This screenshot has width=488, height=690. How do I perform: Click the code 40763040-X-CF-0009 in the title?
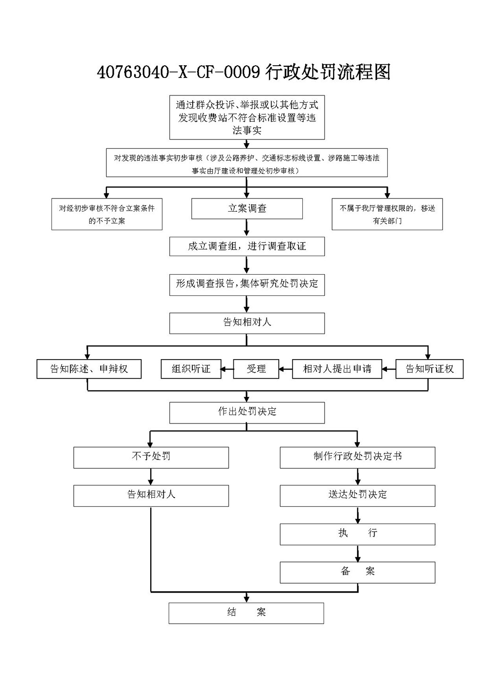click(179, 73)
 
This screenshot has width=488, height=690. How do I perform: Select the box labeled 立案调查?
click(247, 208)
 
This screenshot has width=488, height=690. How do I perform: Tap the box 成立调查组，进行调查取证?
click(247, 246)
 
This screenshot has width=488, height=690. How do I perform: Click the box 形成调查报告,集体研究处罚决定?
click(247, 285)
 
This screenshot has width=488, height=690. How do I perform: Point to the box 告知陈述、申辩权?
click(89, 369)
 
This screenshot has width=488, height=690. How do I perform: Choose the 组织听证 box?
click(191, 369)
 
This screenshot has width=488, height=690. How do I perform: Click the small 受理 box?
click(256, 369)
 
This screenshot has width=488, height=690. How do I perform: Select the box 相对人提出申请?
click(337, 369)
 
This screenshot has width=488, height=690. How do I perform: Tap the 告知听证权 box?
click(429, 369)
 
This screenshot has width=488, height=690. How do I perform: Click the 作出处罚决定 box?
click(247, 413)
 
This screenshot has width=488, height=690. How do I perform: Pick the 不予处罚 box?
click(151, 458)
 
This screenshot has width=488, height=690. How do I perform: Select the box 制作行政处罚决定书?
click(358, 458)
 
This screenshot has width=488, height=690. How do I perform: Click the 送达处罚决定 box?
click(358, 496)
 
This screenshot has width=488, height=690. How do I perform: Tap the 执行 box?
click(358, 534)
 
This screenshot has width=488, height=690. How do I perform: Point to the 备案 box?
click(358, 572)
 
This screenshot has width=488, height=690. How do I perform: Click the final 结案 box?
click(246, 613)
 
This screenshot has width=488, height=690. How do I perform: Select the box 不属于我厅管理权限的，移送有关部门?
click(387, 214)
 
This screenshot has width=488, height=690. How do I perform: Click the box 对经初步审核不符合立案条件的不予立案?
click(107, 214)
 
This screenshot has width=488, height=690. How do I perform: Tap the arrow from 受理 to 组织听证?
click(227, 369)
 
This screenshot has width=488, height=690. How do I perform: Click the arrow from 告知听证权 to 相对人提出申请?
click(389, 369)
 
